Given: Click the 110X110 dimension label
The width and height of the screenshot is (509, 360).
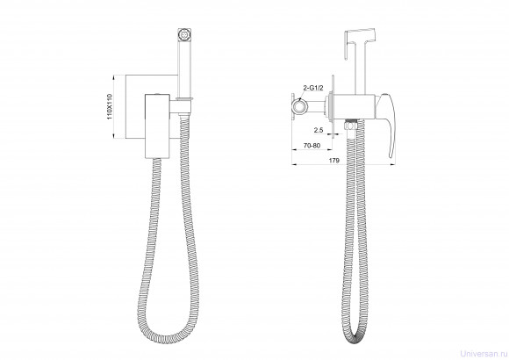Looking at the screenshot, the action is (x=110, y=106).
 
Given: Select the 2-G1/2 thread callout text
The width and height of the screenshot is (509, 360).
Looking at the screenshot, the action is (x=312, y=88).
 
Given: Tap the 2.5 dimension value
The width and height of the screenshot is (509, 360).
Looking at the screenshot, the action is (x=319, y=130).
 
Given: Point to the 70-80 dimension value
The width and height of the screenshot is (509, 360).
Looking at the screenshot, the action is (x=312, y=145).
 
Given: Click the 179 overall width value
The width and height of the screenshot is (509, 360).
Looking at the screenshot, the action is (x=334, y=161).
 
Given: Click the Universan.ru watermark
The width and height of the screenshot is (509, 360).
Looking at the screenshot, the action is (x=484, y=353).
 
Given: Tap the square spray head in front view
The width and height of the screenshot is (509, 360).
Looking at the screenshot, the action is (x=184, y=34).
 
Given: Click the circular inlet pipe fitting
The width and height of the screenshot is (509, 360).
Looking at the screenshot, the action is (x=298, y=106).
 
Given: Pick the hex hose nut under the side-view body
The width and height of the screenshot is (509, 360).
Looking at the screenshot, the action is (x=350, y=125).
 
